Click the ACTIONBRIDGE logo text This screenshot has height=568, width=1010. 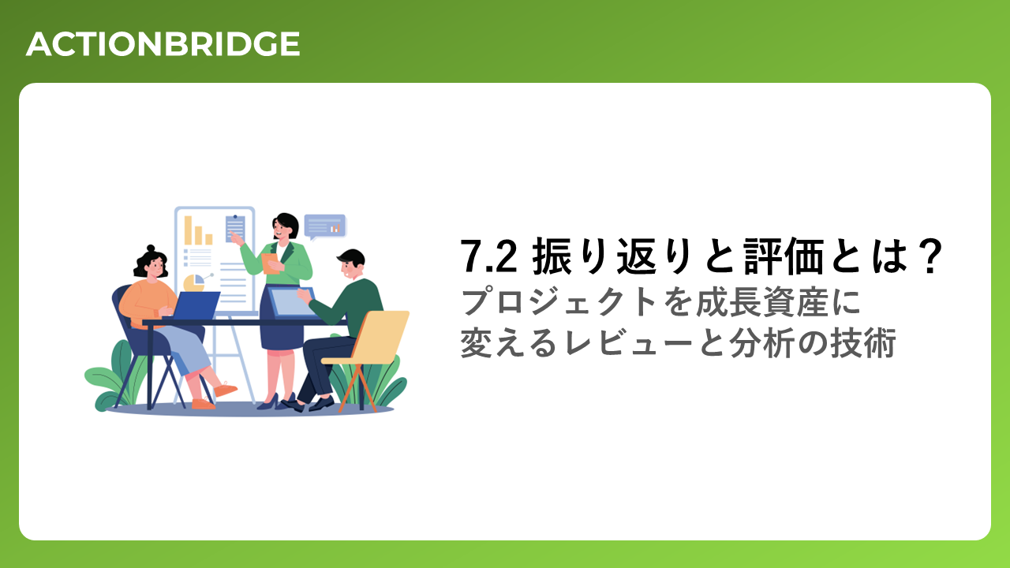[x=163, y=44]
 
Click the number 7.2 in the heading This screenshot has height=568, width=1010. [x=488, y=256]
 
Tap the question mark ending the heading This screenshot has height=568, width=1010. [x=930, y=256]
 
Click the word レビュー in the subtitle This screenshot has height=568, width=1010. [x=627, y=343]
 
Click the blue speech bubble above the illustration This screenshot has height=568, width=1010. [x=324, y=226]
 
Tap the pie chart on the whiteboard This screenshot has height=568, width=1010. [x=194, y=282]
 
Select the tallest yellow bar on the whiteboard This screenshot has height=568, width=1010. [x=188, y=230]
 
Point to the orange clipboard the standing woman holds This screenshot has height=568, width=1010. [x=271, y=263]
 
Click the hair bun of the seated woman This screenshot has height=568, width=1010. [x=151, y=248]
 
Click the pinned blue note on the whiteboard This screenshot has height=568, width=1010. [x=235, y=229]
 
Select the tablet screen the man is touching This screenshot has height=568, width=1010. [x=291, y=302]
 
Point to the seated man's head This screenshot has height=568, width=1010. [x=351, y=264]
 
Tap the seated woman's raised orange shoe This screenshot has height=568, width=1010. [x=225, y=389]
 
